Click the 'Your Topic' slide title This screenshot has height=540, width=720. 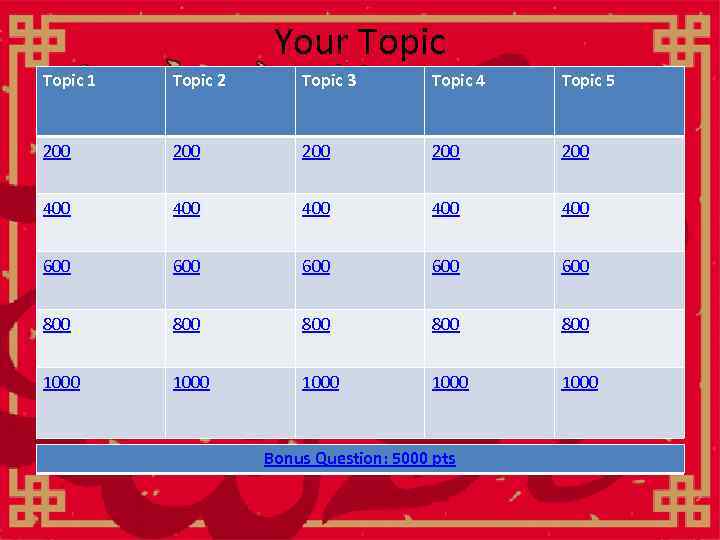(359, 42)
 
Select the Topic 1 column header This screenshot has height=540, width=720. (69, 81)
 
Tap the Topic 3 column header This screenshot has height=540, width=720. (328, 81)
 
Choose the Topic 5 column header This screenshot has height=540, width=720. (588, 81)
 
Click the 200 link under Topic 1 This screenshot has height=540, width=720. (57, 151)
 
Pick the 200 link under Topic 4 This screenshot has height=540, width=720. (446, 151)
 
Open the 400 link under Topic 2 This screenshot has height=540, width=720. (186, 208)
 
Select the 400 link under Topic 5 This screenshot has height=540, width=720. (575, 208)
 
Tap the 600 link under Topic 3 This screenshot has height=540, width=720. (316, 266)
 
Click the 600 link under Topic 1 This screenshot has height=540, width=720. (57, 266)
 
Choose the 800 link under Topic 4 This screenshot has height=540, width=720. (446, 324)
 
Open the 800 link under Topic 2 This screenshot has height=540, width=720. (186, 324)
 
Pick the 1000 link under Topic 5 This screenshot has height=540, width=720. (580, 382)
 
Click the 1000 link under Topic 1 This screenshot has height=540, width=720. (62, 382)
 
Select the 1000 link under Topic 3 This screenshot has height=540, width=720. (321, 382)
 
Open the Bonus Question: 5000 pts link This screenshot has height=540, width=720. (359, 458)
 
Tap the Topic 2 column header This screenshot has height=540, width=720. (199, 81)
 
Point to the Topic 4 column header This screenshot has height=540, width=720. (458, 81)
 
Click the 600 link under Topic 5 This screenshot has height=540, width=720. (575, 266)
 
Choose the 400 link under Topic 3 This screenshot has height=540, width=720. (316, 208)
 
